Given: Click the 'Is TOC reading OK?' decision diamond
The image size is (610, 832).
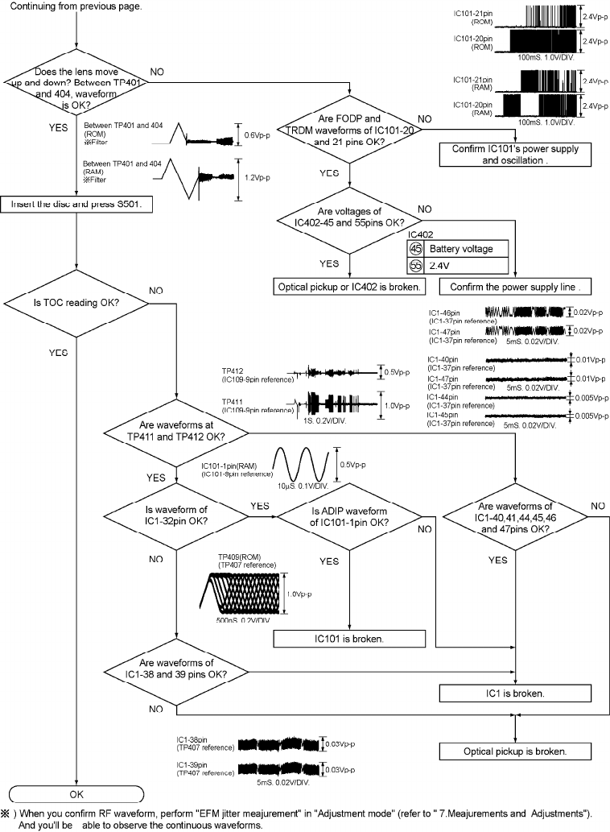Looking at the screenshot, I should pyautogui.click(x=75, y=303).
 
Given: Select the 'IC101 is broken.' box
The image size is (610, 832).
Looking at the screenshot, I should pyautogui.click(x=348, y=638).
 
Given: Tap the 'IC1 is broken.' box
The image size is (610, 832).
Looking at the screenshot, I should pyautogui.click(x=515, y=692).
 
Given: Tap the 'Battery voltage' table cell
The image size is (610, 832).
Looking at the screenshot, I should pyautogui.click(x=460, y=250).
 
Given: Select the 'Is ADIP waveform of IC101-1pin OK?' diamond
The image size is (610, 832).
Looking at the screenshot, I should pyautogui.click(x=348, y=515).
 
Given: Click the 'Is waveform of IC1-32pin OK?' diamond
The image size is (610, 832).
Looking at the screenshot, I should pyautogui.click(x=175, y=515).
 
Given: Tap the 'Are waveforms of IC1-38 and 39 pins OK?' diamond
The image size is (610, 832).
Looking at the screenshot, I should pyautogui.click(x=175, y=669).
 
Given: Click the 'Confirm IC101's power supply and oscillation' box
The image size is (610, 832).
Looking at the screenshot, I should pyautogui.click(x=509, y=154).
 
